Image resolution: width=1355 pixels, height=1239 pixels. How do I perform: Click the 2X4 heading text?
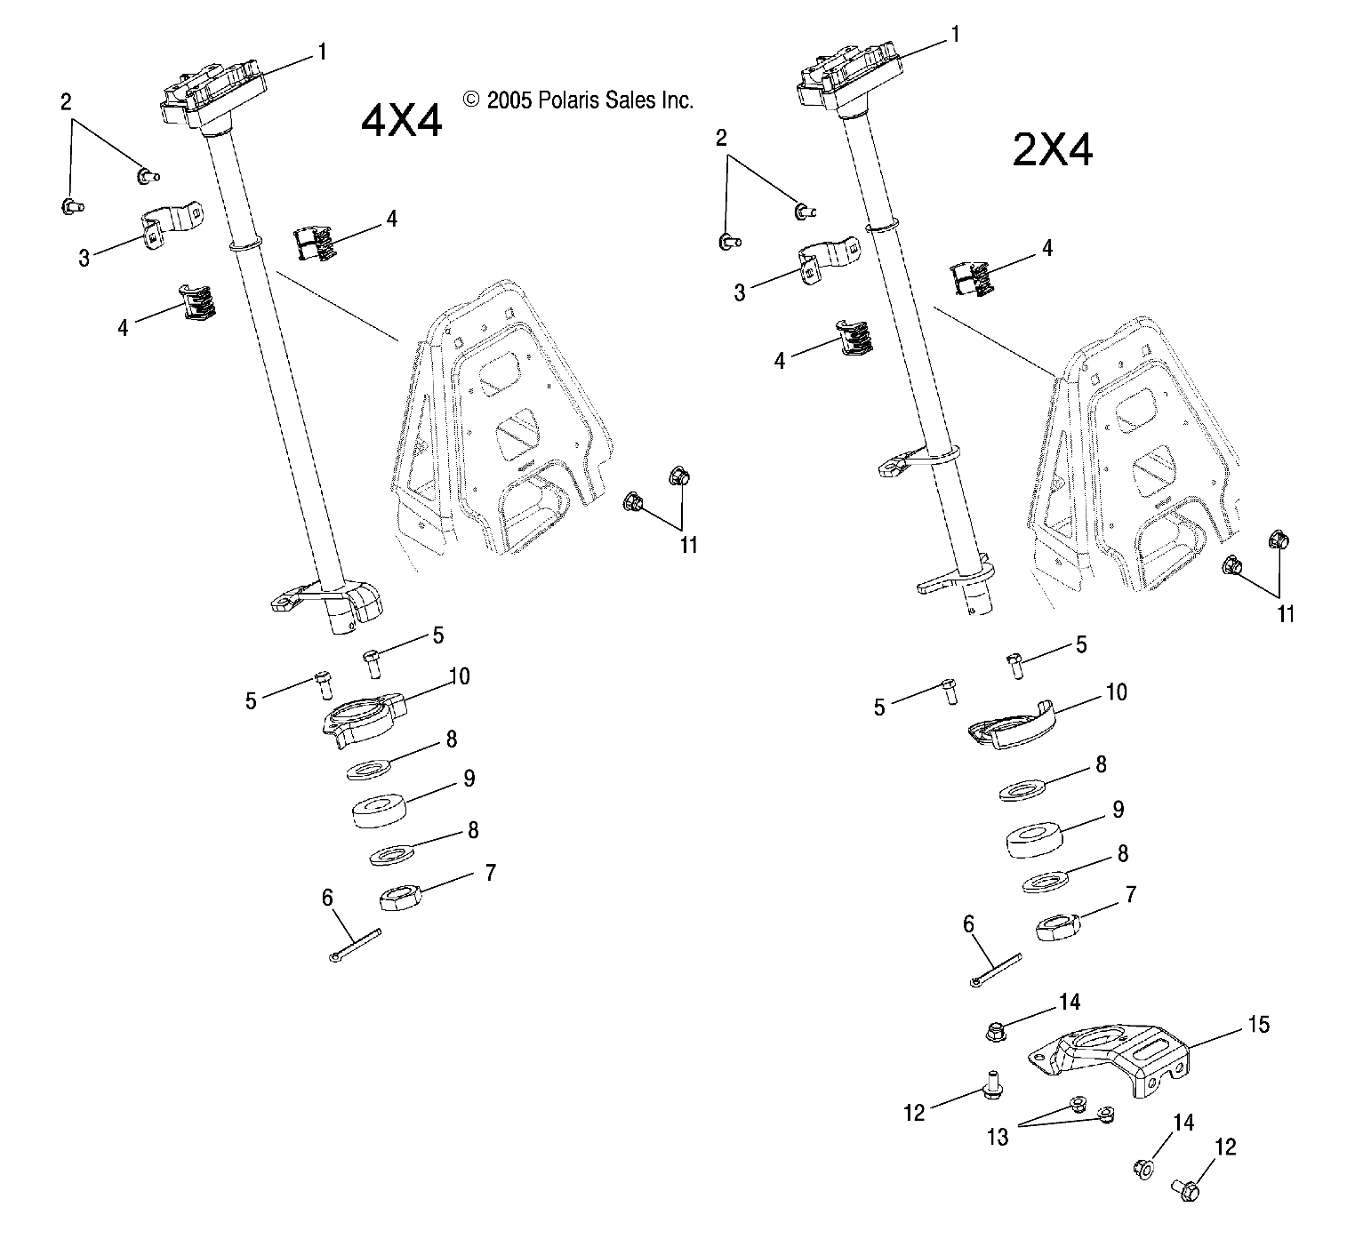[x=1053, y=151]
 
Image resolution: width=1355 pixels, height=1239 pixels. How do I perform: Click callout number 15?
[x=1258, y=1024]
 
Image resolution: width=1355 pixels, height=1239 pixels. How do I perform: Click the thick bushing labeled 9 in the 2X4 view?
[x=1038, y=840]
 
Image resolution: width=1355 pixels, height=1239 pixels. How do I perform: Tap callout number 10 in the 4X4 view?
[x=460, y=676]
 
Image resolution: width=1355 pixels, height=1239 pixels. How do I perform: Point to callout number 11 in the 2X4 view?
[x=1286, y=613]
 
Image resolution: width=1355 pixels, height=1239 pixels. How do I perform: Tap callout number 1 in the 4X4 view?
[x=322, y=52]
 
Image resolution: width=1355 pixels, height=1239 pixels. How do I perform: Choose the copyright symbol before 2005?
[x=471, y=100]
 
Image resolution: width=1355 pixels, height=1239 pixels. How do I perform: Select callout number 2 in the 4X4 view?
[x=66, y=101]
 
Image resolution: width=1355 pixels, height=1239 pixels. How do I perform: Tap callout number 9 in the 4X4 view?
[x=469, y=778]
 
